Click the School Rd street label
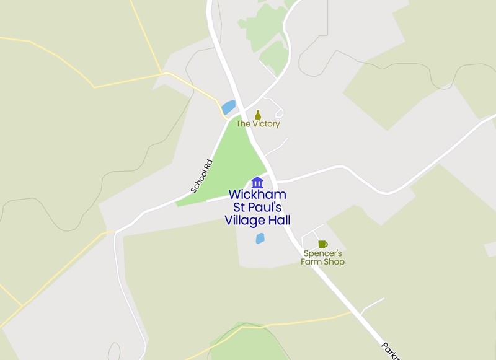tap(201, 176)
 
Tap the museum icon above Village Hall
tap(257, 182)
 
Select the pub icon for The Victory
tap(258, 115)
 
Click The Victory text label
tap(258, 124)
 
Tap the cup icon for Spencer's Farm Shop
tap(322, 244)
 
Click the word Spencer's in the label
tap(322, 253)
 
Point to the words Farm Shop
tap(322, 262)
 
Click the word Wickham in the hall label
tap(257, 195)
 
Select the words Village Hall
tap(257, 221)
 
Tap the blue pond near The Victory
tap(229, 107)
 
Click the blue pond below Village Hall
tap(260, 238)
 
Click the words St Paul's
tap(257, 208)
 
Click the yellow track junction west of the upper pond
tap(164, 74)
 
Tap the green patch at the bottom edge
tap(248, 344)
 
